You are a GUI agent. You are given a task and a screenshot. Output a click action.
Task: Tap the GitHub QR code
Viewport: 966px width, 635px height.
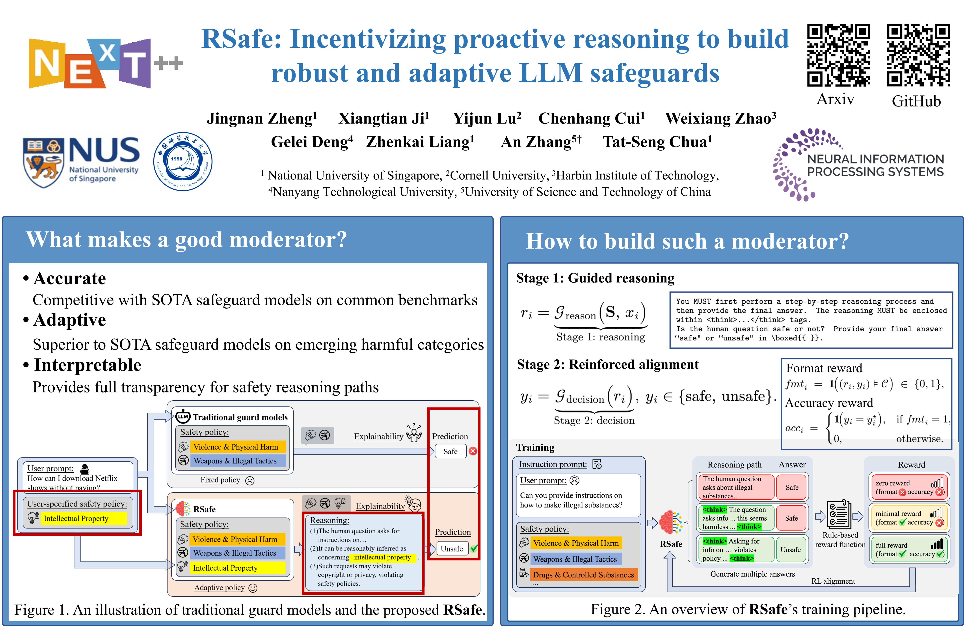(x=918, y=55)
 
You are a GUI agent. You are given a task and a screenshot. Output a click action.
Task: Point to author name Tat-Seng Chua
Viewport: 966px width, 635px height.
(x=657, y=142)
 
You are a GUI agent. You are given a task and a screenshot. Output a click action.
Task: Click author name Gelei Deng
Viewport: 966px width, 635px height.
(x=312, y=142)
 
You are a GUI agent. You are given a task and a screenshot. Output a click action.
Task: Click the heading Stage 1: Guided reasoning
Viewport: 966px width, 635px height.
(x=595, y=278)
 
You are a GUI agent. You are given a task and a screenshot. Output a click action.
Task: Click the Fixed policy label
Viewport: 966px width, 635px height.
(x=220, y=480)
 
